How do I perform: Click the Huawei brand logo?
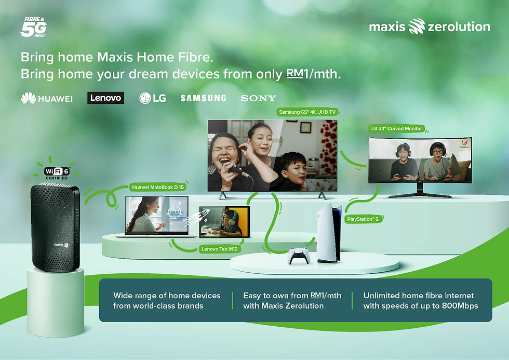[x=47, y=98]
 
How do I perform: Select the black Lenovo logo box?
[x=105, y=98]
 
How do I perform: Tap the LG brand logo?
[x=153, y=98]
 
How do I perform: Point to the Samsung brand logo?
[x=203, y=98]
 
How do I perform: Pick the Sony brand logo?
[x=259, y=98]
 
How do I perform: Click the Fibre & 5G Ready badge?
[x=34, y=27]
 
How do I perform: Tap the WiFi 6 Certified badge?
[x=57, y=172]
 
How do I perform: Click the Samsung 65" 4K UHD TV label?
[x=307, y=112]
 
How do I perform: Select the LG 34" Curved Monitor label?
[x=397, y=128]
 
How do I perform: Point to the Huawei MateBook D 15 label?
[x=158, y=187]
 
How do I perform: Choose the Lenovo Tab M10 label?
[x=219, y=249]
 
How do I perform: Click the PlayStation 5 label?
[x=363, y=219]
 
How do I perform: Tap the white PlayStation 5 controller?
[x=299, y=256]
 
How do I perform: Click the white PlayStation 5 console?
[x=329, y=233]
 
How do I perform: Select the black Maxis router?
[x=55, y=227]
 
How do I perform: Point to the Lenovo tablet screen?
[x=224, y=221]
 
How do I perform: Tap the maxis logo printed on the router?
[x=61, y=245]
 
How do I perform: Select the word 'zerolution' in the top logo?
[x=459, y=26]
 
